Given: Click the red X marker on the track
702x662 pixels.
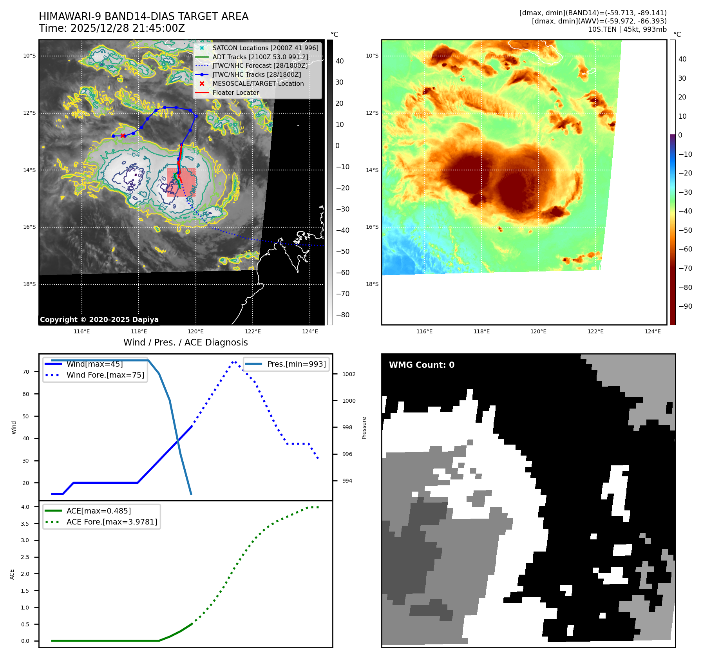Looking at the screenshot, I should click(x=123, y=136).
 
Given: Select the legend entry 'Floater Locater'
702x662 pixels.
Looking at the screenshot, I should click(x=235, y=93).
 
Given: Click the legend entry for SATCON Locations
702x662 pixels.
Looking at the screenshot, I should click(x=265, y=48).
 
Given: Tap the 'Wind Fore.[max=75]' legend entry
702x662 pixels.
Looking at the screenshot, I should click(x=105, y=375).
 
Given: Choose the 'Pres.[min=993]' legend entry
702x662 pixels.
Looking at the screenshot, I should click(x=296, y=364).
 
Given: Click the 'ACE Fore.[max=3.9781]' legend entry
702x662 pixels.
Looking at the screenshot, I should click(x=112, y=522).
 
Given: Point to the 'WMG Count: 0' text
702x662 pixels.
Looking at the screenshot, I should click(x=422, y=365).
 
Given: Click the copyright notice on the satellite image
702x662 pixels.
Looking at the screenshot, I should click(x=99, y=320).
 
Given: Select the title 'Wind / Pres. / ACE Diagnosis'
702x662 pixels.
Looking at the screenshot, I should click(x=185, y=343).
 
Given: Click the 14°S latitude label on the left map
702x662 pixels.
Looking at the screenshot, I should click(x=29, y=170).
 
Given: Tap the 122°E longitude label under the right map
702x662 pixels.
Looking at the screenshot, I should click(x=595, y=332).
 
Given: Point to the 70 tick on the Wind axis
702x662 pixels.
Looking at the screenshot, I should click(x=26, y=372).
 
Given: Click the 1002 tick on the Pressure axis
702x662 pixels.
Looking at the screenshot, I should click(x=349, y=374).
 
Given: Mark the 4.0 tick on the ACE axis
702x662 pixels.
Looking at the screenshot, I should click(x=25, y=507).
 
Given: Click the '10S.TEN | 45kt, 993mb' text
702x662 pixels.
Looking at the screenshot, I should click(x=627, y=29).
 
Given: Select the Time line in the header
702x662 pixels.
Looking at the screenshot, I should click(x=112, y=29).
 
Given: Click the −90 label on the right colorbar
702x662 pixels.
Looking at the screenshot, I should click(x=685, y=306).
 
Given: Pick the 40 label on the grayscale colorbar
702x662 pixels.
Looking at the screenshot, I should click(x=340, y=61).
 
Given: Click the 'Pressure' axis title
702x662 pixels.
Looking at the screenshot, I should click(x=364, y=428).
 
